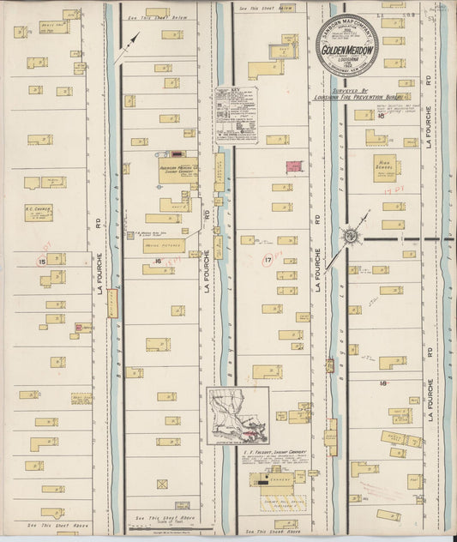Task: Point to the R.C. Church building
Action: [38, 212]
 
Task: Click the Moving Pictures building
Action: [164, 245]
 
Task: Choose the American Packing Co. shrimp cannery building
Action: [178, 170]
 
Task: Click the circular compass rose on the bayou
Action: [352, 234]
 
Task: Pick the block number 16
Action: [157, 260]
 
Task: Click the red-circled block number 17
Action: [268, 259]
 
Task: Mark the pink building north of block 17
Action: [292, 165]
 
